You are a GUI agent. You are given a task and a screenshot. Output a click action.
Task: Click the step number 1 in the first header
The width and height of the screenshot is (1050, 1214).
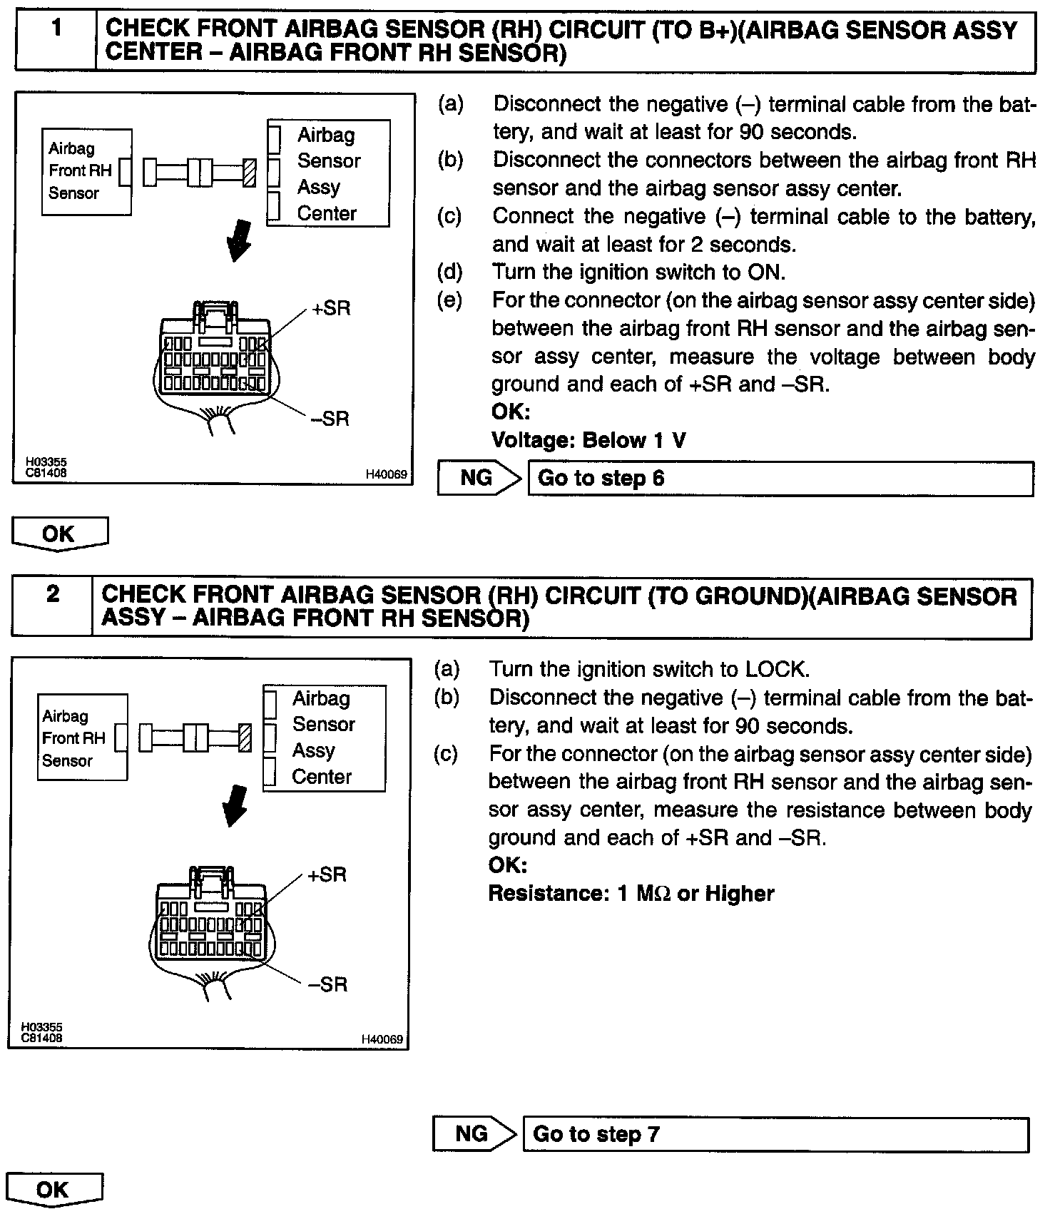coord(56,29)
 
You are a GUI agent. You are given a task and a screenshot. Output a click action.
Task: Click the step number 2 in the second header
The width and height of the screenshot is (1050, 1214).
coord(53,593)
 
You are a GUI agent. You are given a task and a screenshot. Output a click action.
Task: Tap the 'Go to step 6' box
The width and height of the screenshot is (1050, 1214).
coord(780,478)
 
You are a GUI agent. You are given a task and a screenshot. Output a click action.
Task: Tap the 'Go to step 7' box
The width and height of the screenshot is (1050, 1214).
coord(775,1134)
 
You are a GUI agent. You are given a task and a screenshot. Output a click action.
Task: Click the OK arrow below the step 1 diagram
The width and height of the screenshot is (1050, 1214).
coord(59,534)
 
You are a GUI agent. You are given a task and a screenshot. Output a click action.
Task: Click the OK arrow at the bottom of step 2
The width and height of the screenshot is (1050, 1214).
coord(54,1190)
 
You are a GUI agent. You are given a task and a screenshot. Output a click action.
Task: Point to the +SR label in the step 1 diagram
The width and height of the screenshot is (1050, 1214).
coord(332,309)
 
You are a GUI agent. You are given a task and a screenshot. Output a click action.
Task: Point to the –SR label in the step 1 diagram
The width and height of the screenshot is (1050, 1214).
coord(330,419)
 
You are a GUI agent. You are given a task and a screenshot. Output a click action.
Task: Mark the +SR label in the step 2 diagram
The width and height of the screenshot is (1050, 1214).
coord(327,874)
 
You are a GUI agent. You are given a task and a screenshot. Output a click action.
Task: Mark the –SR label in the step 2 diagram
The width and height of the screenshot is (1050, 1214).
coord(327,984)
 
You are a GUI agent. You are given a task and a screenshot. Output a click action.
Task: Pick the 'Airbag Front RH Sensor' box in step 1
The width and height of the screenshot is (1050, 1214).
coord(86,171)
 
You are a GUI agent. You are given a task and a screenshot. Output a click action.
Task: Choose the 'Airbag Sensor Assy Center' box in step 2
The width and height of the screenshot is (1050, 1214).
coord(325,738)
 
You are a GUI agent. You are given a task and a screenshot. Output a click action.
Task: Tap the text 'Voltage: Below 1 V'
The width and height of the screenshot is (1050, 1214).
coord(588,440)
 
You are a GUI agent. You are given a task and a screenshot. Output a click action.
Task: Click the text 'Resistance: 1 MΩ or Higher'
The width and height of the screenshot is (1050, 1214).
coord(631,893)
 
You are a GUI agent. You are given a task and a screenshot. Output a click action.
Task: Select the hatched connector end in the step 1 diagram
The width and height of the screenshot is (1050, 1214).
coord(249,173)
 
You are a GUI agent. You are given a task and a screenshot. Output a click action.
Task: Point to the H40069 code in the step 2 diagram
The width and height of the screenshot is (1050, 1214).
coord(383,1039)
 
